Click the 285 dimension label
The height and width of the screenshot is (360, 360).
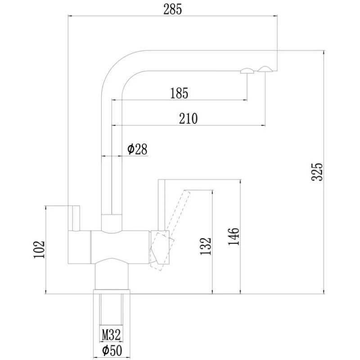pos(172,9)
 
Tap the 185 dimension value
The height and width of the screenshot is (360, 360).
pos(179,93)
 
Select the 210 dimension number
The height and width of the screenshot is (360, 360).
pos(188,118)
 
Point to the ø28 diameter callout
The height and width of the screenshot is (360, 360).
pos(137,149)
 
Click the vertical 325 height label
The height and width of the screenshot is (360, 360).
pos(317,172)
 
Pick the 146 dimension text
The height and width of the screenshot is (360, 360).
pos(234,237)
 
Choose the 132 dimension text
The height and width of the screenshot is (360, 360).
pos(206,246)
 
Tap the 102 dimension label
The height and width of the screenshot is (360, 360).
pos(39,249)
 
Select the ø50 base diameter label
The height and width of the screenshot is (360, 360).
pos(112,351)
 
